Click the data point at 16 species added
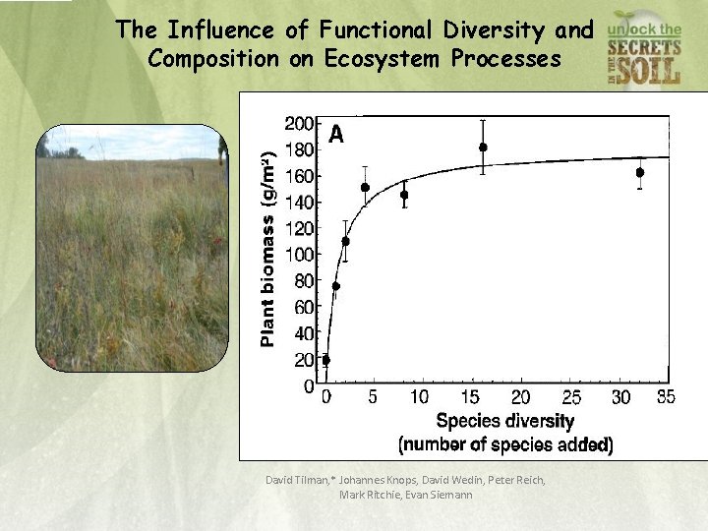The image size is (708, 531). (x=483, y=147)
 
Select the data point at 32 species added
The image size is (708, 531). (x=640, y=172)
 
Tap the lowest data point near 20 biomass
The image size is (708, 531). (x=326, y=360)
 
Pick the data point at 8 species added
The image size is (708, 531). (x=404, y=195)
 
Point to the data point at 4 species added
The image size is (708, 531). (x=366, y=187)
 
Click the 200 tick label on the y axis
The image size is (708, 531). (x=300, y=124)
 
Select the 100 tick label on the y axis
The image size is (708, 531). (x=300, y=255)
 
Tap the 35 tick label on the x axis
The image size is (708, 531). (x=666, y=397)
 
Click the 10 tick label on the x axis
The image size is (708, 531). (x=419, y=397)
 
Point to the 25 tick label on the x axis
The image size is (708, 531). (x=571, y=397)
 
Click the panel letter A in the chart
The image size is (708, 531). (x=336, y=136)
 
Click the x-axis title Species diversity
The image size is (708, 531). (x=505, y=422)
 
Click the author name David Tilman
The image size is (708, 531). (x=299, y=480)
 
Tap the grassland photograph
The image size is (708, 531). (x=132, y=248)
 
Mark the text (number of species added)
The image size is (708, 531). (x=505, y=444)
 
